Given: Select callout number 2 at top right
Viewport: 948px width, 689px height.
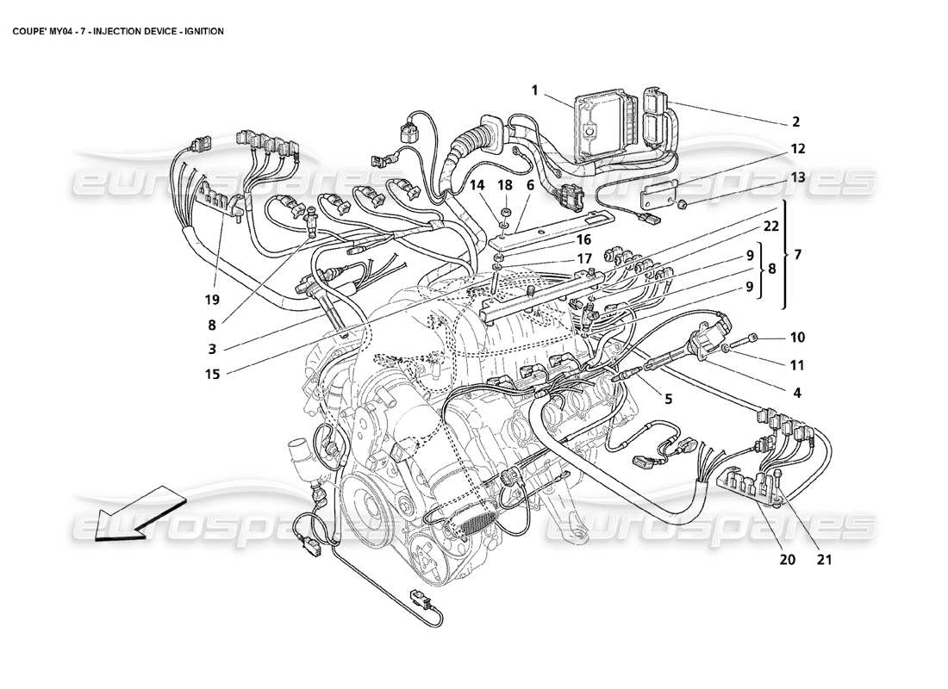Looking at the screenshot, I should [795, 122].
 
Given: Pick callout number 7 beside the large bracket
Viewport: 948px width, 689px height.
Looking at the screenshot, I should [797, 256].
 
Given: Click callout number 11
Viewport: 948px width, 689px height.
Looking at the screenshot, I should [796, 364].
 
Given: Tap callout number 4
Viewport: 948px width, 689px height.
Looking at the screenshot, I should [796, 393].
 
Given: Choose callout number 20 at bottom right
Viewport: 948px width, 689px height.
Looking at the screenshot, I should [786, 559].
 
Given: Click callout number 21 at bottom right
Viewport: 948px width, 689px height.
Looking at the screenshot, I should [823, 559].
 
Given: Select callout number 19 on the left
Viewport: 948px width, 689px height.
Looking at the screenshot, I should [212, 300].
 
